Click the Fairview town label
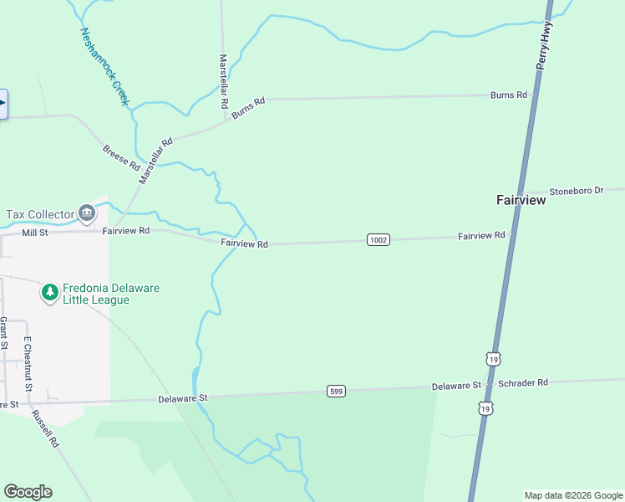(x=521, y=201)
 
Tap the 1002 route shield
(x=378, y=240)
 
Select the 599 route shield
(x=336, y=391)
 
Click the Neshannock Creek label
(x=105, y=66)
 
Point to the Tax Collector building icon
(x=86, y=214)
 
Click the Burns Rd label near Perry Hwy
(x=509, y=95)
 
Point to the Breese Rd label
(x=121, y=156)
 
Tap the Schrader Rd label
(x=522, y=382)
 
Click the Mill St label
(x=37, y=233)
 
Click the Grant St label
(x=4, y=333)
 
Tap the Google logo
(x=28, y=492)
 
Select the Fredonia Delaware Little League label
(x=111, y=294)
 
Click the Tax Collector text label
(x=38, y=214)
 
